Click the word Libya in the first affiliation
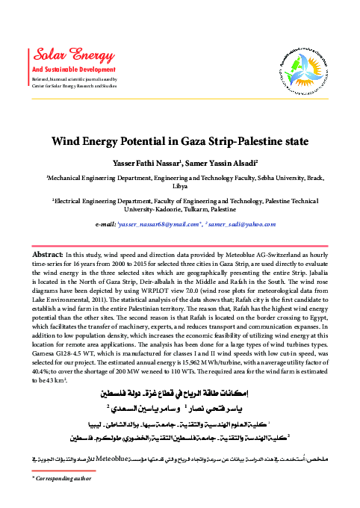tap(180, 187)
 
